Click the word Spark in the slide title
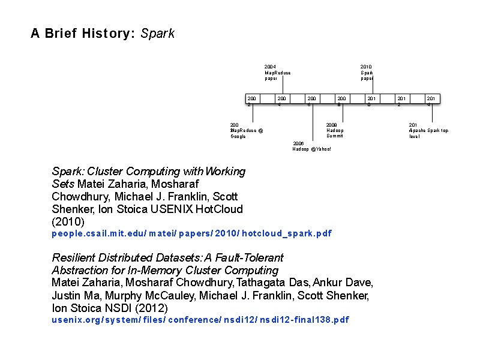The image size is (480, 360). point(157,34)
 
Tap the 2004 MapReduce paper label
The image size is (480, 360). point(277,73)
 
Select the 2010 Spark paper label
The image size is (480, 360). point(366,73)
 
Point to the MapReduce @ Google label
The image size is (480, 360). point(247,130)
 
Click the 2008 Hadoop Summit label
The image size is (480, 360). point(335,130)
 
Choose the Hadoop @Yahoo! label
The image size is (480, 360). point(311,146)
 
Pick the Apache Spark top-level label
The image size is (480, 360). point(428,130)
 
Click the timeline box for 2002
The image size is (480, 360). point(252,100)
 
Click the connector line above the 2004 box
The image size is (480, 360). point(283,87)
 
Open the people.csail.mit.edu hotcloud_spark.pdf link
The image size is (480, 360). point(191,233)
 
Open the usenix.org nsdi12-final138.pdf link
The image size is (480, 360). point(200,320)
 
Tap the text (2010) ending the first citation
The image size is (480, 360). point(68,221)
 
